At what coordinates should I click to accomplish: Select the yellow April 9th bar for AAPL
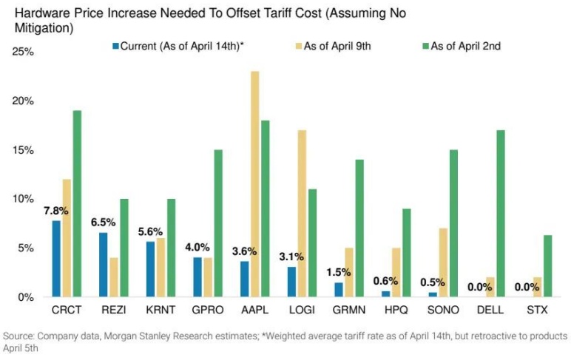(x=255, y=184)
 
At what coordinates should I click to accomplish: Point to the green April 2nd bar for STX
(x=547, y=265)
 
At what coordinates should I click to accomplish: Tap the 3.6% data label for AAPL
(x=244, y=252)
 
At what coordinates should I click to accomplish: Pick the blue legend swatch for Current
(x=116, y=46)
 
